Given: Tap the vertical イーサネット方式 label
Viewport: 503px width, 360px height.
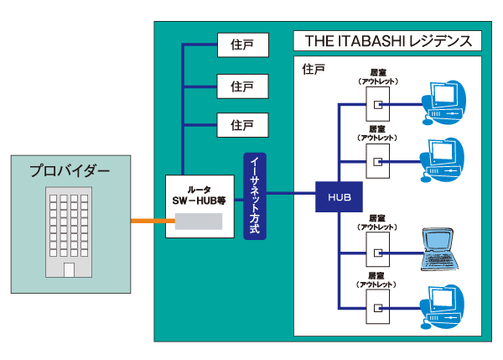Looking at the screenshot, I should coord(255,196).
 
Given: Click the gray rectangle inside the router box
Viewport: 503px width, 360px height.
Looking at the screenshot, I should coord(198,222).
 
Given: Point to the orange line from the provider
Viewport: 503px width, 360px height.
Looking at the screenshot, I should coord(148,222).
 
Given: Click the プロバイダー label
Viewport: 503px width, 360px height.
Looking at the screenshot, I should coord(70,171).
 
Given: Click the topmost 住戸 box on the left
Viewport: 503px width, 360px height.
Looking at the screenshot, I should coord(241,44).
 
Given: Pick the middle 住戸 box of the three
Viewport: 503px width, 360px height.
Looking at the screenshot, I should coord(241,85).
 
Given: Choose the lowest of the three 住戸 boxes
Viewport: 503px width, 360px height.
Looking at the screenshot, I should coord(241,125).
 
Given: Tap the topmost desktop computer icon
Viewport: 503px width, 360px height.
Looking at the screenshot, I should coord(443,101).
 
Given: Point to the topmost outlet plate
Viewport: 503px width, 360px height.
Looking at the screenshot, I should coord(378,105).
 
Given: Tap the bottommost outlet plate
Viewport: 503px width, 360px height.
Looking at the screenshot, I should coord(378,305).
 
